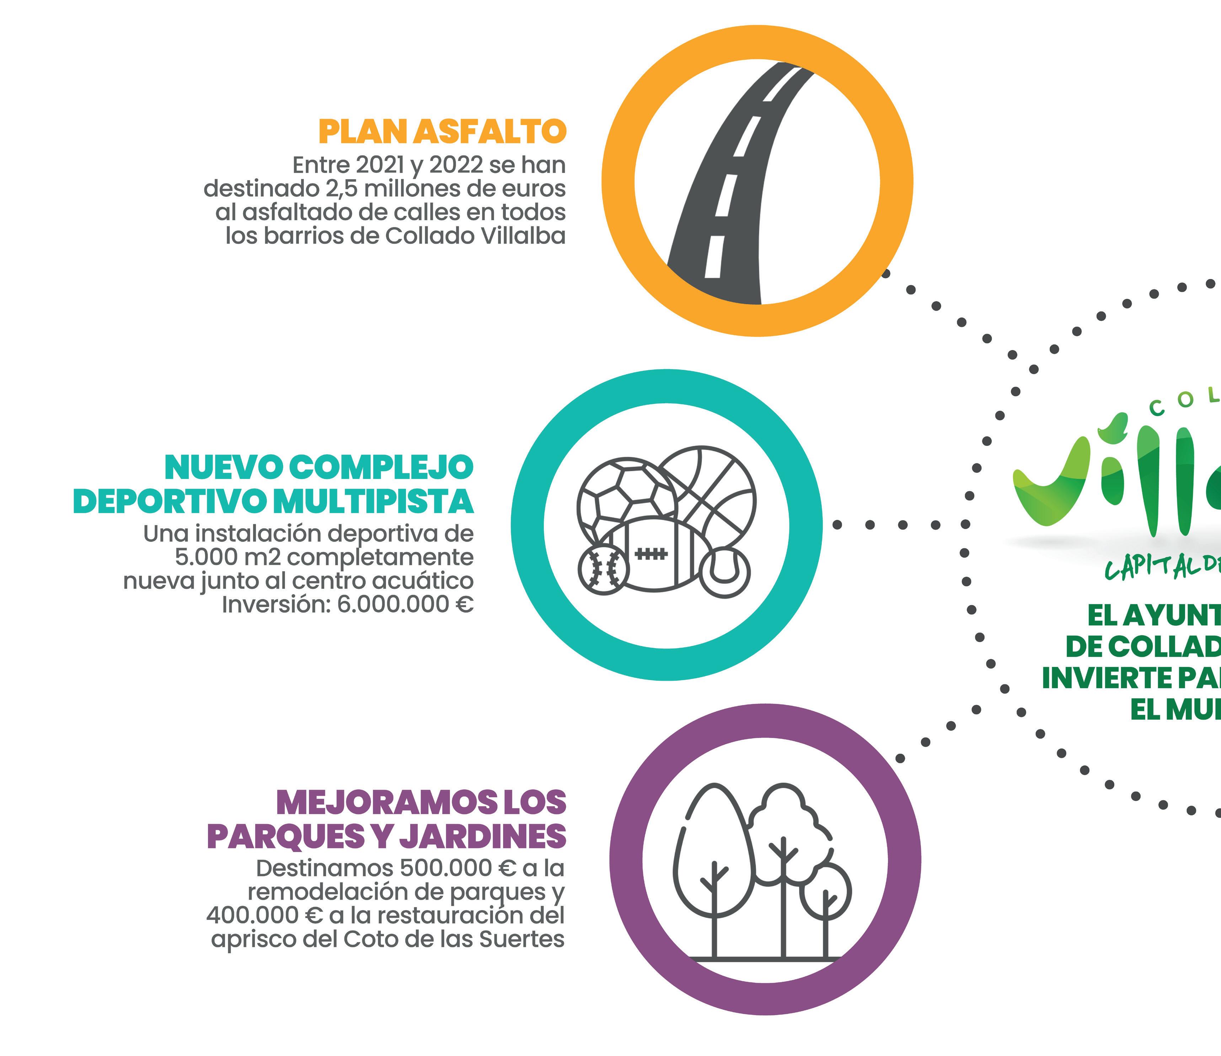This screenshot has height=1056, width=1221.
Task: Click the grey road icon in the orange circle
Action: coord(737,189)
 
